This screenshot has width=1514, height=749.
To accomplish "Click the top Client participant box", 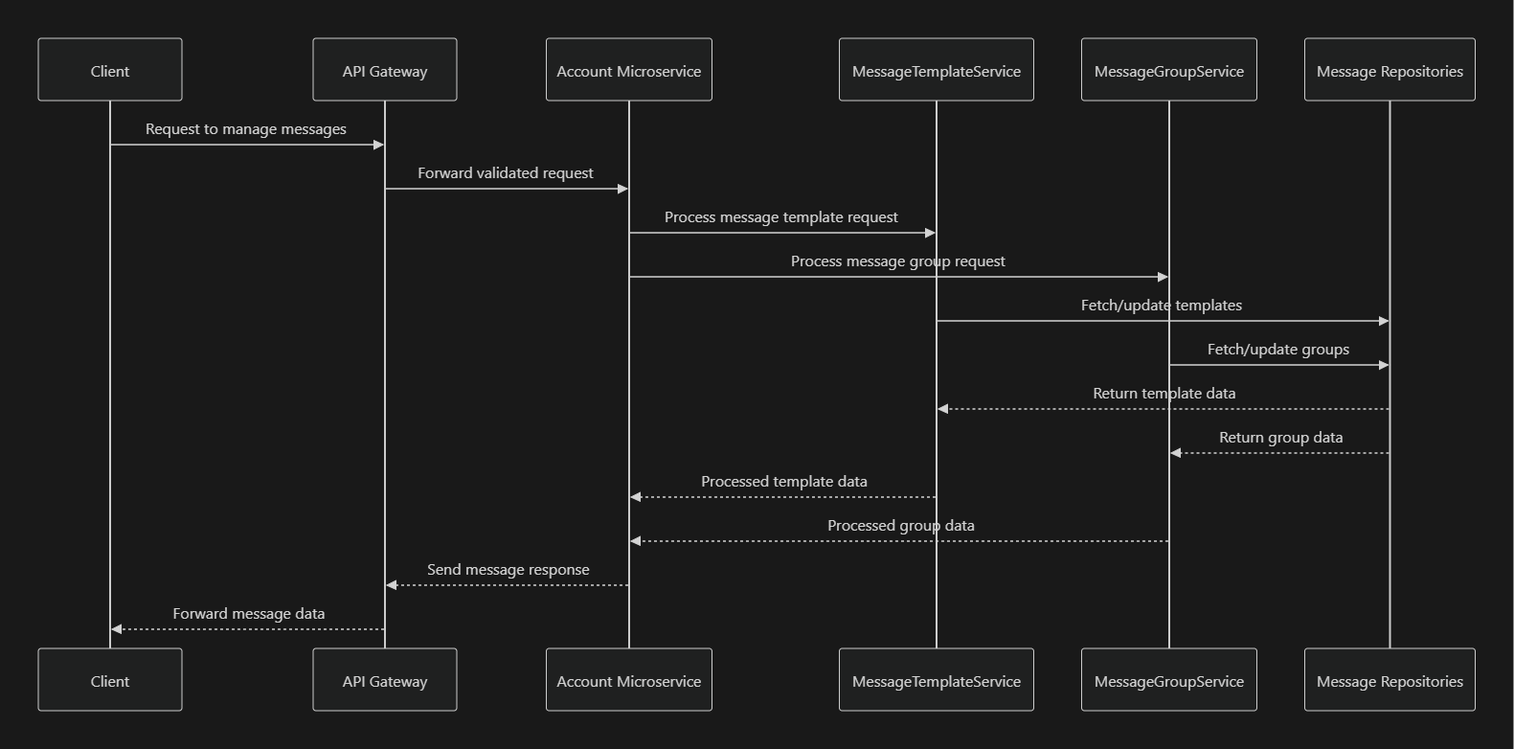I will point(110,70).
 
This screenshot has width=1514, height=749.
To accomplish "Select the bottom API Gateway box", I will point(385,680).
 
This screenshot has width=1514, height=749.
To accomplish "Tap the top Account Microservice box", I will point(629,70).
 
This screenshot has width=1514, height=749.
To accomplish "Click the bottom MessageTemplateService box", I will point(937,680).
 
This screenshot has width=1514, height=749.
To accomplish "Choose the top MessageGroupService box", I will point(1169,70).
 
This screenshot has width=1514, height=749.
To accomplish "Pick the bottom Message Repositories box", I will point(1390,680).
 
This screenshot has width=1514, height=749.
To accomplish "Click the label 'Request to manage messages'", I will point(246,129).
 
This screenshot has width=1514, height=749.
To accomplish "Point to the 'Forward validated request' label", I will point(506,173).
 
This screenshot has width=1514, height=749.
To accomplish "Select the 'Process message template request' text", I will point(781,217).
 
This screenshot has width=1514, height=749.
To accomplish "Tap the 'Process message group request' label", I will point(898,261).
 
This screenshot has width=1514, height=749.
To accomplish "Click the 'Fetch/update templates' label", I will point(1162,306).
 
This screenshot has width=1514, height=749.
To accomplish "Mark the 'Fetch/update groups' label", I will point(1278,350).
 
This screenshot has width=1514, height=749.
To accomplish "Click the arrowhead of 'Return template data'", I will point(943,409).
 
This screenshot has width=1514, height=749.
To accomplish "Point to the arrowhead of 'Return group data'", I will point(1176,453).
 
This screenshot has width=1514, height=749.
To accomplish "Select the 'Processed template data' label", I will point(784,482).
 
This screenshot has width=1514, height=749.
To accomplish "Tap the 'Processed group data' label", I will point(901,526).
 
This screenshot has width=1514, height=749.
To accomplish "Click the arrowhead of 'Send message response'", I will point(392,585).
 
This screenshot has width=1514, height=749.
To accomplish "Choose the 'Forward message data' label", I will point(249,614).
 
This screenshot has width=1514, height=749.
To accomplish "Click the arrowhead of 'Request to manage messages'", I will point(378,145).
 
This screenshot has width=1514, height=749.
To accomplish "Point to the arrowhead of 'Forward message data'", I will point(117,629).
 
